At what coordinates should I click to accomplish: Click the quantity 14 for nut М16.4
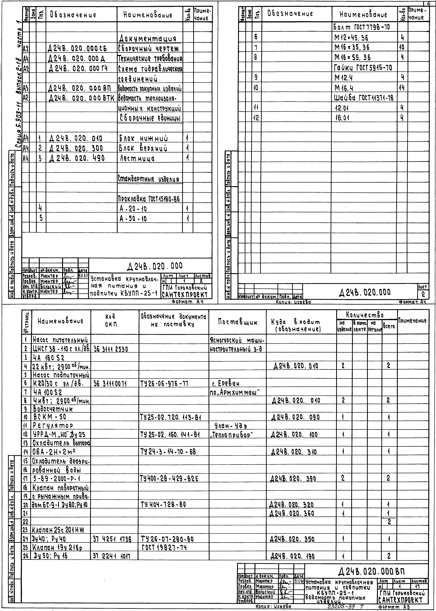[402, 88]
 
